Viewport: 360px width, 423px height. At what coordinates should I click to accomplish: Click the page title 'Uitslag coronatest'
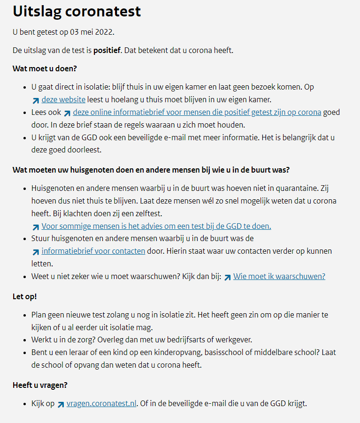point(77,11)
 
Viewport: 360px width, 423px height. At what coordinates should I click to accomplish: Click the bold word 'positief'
point(107,50)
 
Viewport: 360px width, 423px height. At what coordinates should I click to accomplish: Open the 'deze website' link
point(63,99)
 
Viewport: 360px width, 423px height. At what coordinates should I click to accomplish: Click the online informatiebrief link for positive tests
point(197,112)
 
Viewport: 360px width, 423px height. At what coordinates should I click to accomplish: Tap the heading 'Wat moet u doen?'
point(45,68)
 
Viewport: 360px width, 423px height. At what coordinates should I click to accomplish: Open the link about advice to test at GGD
point(156,226)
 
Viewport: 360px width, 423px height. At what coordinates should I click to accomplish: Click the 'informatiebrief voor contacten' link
point(93,251)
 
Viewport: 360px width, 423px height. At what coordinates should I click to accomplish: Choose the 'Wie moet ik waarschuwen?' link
point(279,276)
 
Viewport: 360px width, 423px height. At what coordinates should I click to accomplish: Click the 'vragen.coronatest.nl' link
point(101,403)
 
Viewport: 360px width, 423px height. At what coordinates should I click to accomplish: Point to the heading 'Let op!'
point(24,296)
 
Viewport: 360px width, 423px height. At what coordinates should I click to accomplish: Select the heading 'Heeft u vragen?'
point(40,385)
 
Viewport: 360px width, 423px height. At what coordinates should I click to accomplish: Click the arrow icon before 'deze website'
point(36,100)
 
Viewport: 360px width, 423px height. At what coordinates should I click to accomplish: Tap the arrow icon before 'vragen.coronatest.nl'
point(61,404)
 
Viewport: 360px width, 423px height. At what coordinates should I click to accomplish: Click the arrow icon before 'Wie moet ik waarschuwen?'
point(227,277)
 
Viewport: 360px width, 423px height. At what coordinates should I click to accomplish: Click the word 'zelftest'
point(147,214)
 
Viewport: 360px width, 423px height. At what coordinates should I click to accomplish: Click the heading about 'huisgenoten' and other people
point(154,169)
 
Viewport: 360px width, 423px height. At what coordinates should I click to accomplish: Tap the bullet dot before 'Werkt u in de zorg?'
point(25,340)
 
